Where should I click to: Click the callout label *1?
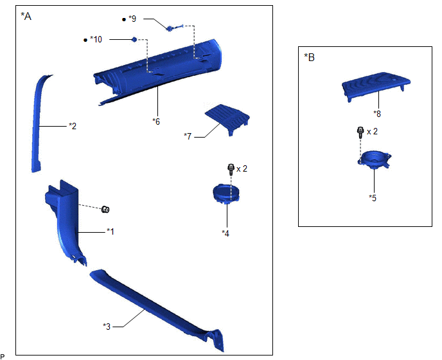(x=110, y=231)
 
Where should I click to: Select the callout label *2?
(x=73, y=126)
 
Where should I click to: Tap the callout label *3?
(x=107, y=327)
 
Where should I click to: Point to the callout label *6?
(x=156, y=122)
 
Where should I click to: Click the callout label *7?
(x=188, y=136)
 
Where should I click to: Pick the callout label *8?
(x=377, y=114)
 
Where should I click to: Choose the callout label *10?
(x=96, y=39)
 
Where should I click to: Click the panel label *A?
(x=26, y=16)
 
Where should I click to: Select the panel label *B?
(x=309, y=57)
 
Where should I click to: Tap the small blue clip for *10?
(x=134, y=39)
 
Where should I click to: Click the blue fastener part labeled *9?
(x=175, y=28)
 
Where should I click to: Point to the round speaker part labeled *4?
(x=226, y=194)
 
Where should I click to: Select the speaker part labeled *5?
(x=375, y=159)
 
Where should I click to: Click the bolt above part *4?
(x=231, y=169)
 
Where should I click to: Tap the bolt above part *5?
(x=360, y=132)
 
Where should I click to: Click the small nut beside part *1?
(x=105, y=210)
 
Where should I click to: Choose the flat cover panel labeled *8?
(x=376, y=85)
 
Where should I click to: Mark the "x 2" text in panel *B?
(x=372, y=132)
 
